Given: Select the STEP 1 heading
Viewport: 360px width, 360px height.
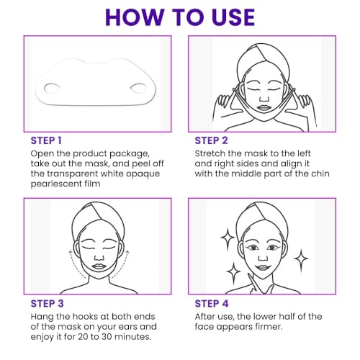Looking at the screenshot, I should coord(46,140).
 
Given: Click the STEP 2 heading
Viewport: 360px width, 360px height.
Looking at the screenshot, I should coord(212,140).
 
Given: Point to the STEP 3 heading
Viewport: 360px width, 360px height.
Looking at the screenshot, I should coord(46,302).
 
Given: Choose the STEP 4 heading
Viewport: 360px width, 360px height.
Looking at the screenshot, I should coord(212,302).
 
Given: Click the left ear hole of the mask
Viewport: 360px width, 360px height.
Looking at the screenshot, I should coord(53,89).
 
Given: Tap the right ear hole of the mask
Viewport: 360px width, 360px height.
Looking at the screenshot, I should coord(136,89).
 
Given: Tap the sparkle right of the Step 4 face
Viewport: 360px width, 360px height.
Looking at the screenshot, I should coord(302,258).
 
